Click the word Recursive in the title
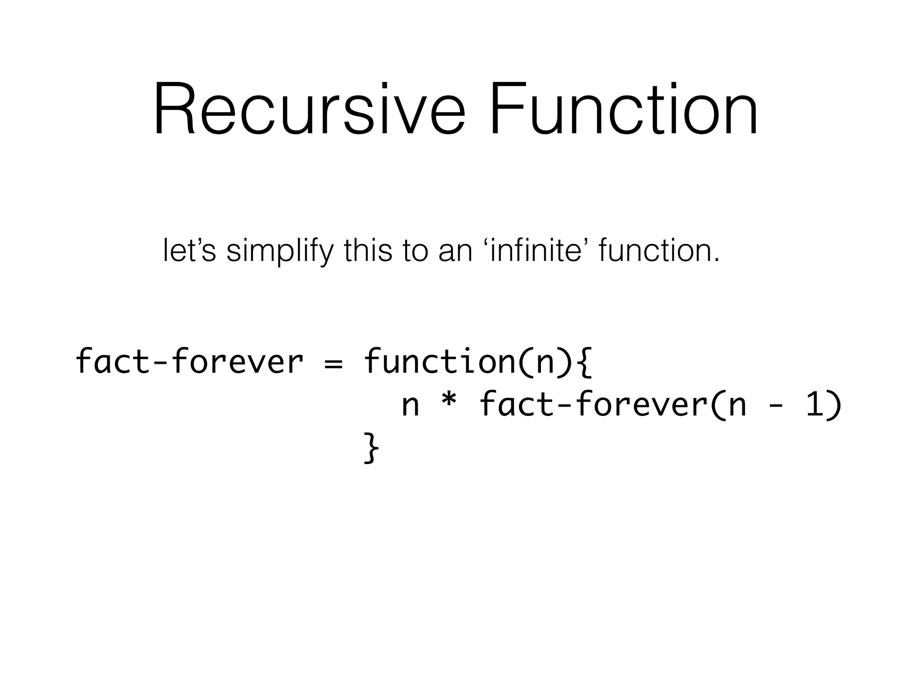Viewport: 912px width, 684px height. point(309,109)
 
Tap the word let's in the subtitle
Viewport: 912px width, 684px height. point(189,251)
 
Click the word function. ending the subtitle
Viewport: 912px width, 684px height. point(659,251)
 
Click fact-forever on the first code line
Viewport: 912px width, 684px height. point(189,361)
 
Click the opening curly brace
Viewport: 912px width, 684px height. point(585,362)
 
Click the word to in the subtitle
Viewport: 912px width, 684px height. point(416,251)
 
